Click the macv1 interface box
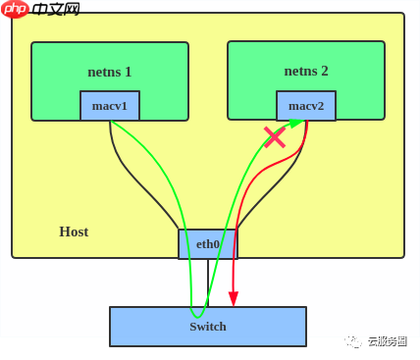pyautogui.click(x=110, y=106)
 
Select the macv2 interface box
pyautogui.click(x=306, y=106)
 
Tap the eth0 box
pyautogui.click(x=208, y=244)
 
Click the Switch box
pyautogui.click(x=208, y=327)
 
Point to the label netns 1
pyautogui.click(x=110, y=72)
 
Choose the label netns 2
pyautogui.click(x=306, y=71)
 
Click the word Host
pyautogui.click(x=74, y=231)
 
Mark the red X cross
pyautogui.click(x=275, y=136)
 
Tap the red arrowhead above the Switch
pyautogui.click(x=234, y=298)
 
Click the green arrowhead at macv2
pyautogui.click(x=295, y=123)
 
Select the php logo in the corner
pyautogui.click(x=15, y=9)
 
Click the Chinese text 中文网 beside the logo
pyautogui.click(x=56, y=9)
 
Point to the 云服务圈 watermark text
pyautogui.click(x=387, y=341)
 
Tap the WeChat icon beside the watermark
pyautogui.click(x=353, y=341)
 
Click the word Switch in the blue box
pyautogui.click(x=208, y=327)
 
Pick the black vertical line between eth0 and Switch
pyautogui.click(x=208, y=283)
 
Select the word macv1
pyautogui.click(x=110, y=106)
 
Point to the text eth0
pyautogui.click(x=208, y=244)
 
